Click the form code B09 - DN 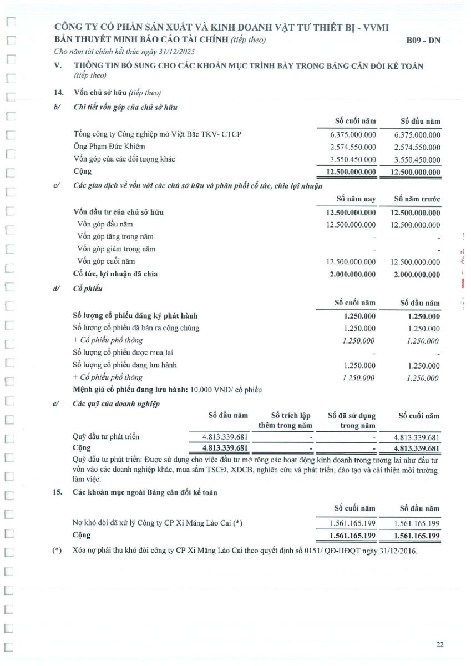pyautogui.click(x=423, y=41)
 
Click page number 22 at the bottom pyautogui.click(x=440, y=644)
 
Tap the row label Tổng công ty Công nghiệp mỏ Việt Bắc pyautogui.click(x=158, y=134)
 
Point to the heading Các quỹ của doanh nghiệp pyautogui.click(x=117, y=404)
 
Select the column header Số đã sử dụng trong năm pyautogui.click(x=352, y=421)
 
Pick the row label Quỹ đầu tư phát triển pyautogui.click(x=106, y=437)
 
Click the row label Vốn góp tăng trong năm pyautogui.click(x=115, y=237)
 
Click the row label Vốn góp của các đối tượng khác pyautogui.click(x=124, y=160)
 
